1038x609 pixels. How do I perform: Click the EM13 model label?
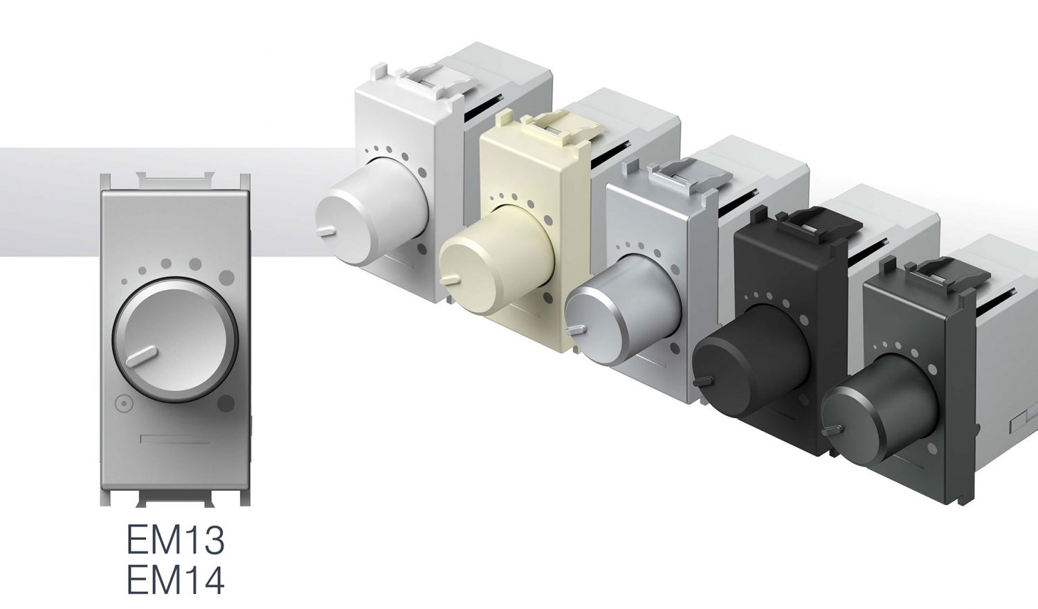coord(175,540)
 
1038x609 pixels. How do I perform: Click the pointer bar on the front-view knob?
coord(144,356)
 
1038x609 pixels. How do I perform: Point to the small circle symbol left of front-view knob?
coord(123,403)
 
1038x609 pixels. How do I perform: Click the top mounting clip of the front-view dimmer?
coord(174,181)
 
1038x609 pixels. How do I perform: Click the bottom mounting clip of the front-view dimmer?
coord(174,497)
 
